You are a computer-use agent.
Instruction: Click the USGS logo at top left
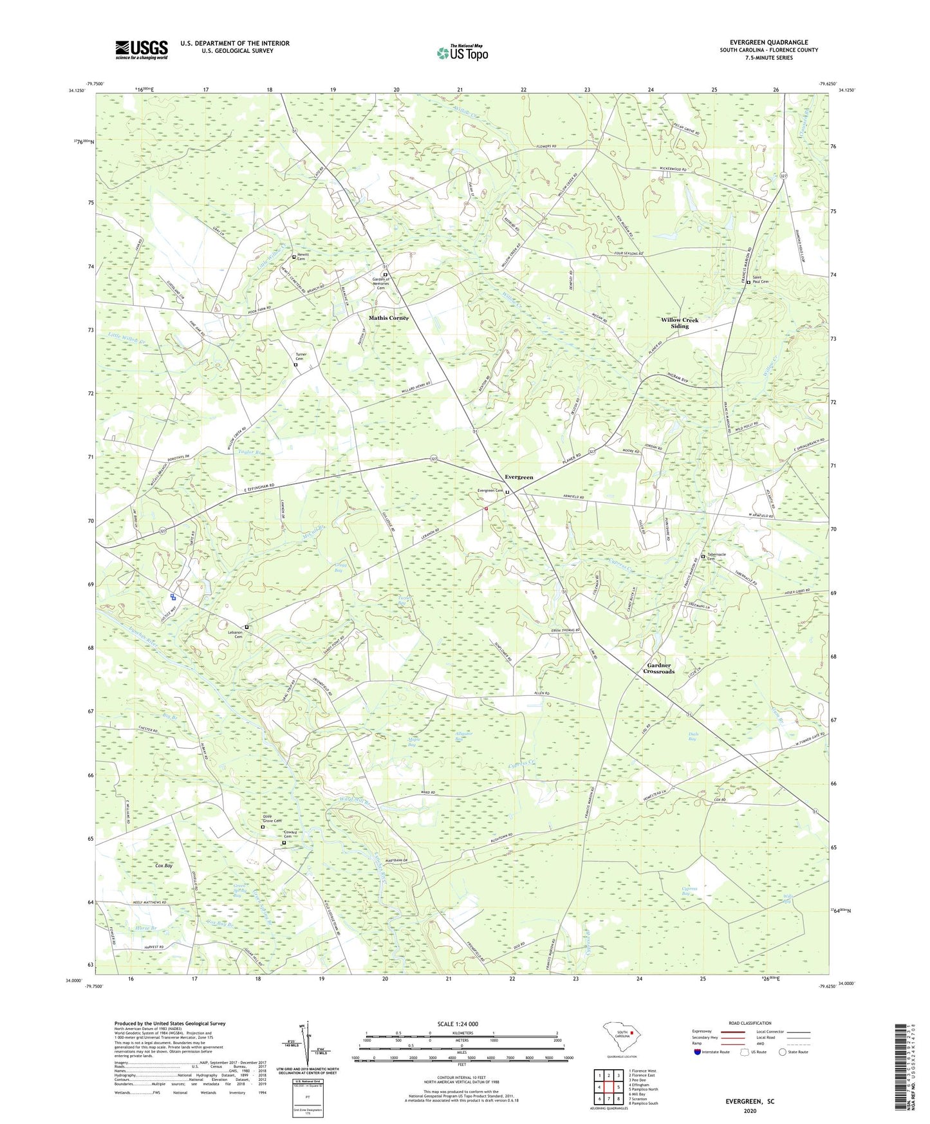pyautogui.click(x=142, y=50)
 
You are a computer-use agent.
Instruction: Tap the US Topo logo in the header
pyautogui.click(x=461, y=53)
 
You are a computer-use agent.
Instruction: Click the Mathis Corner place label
pyautogui.click(x=388, y=318)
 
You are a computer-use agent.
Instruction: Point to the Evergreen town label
pyautogui.click(x=519, y=477)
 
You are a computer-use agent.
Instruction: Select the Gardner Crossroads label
pyautogui.click(x=659, y=668)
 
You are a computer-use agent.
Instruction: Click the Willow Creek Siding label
pyautogui.click(x=680, y=323)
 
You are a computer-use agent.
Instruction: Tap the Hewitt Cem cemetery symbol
pyautogui.click(x=294, y=257)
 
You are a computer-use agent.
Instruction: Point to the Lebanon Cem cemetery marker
pyautogui.click(x=246, y=626)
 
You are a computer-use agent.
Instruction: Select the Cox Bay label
pyautogui.click(x=164, y=866)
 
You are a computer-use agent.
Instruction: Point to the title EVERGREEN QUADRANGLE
pyautogui.click(x=768, y=42)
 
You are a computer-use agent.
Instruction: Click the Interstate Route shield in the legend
pyautogui.click(x=698, y=1052)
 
